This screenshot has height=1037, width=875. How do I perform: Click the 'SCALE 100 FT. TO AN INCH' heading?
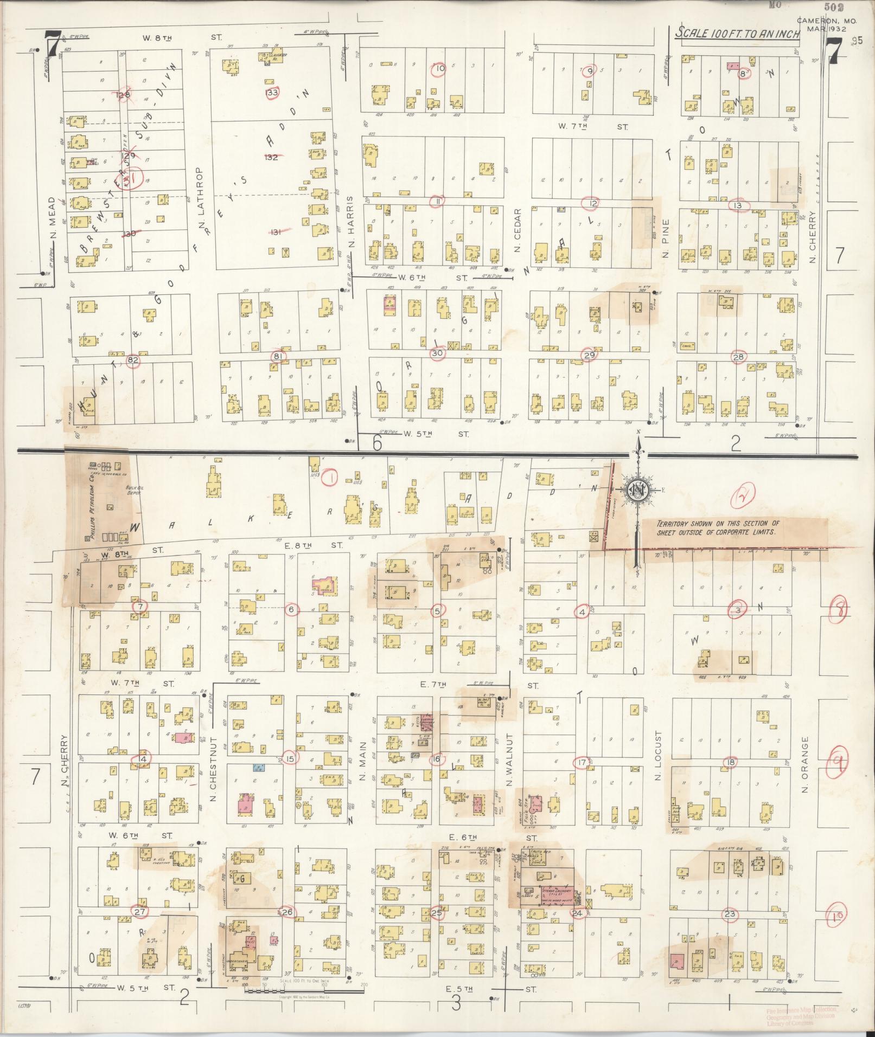tap(738, 34)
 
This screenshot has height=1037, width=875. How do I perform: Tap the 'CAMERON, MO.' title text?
tap(827, 21)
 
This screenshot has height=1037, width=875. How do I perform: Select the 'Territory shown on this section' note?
tap(718, 528)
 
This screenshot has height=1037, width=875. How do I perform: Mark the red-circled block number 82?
tap(132, 359)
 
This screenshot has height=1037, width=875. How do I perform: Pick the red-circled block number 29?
tap(589, 355)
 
